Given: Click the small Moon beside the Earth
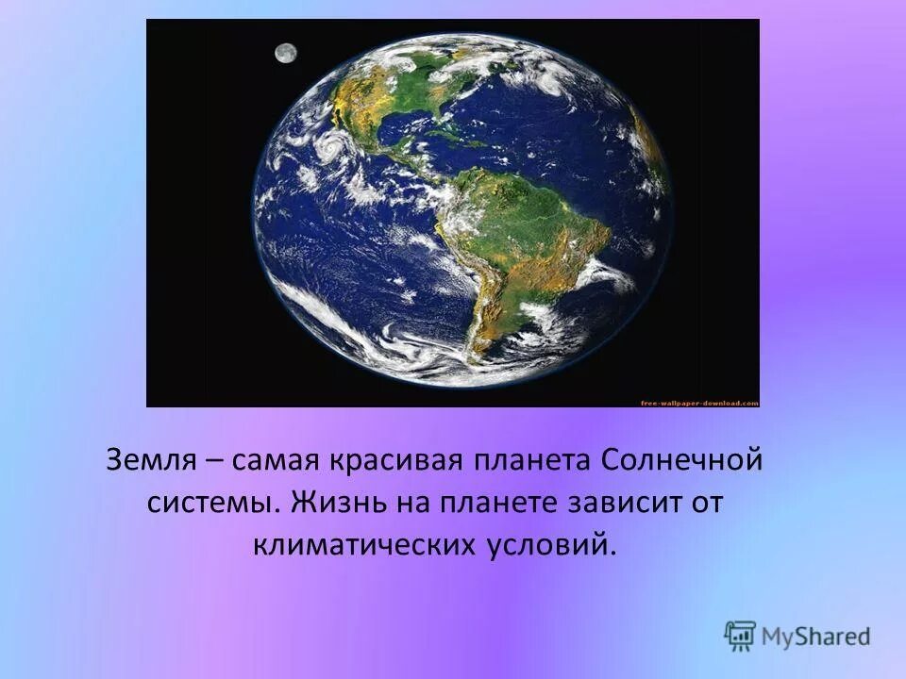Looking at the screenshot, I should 285,53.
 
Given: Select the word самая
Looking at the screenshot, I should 274,462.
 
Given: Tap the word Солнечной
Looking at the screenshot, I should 680,462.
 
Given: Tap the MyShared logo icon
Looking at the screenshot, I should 741,637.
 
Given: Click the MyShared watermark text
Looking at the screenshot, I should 815,637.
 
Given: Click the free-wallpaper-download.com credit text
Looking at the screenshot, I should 698,403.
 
